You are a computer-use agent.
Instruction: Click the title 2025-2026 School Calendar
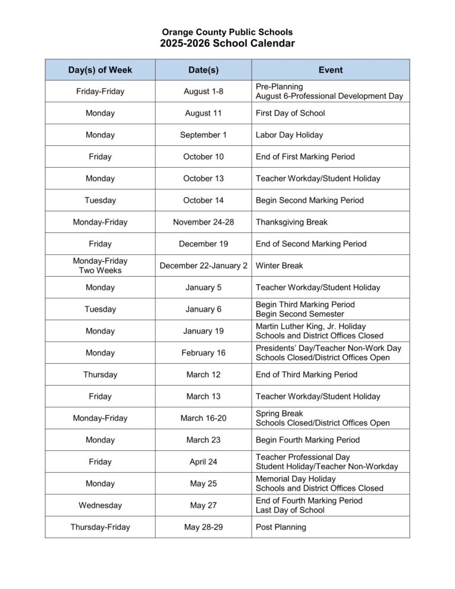coord(227,43)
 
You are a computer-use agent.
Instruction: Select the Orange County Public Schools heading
coord(227,32)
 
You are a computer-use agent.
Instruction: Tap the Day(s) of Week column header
coord(100,70)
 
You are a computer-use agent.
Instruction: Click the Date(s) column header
coord(203,70)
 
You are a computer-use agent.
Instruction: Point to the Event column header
coord(330,70)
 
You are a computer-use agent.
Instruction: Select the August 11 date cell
coord(203,113)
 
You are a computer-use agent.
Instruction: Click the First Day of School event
coord(290,113)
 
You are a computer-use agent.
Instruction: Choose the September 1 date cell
coord(203,135)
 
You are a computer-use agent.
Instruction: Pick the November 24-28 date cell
coord(203,222)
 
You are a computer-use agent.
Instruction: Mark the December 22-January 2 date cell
coord(203,265)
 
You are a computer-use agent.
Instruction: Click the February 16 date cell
coord(203,353)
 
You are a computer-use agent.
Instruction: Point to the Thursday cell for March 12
coord(100,374)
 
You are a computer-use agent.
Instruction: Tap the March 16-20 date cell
coord(203,418)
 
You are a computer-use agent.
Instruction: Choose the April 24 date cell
coord(203,462)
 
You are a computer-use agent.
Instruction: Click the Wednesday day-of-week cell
coord(100,505)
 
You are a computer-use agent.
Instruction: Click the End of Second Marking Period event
coord(311,244)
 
